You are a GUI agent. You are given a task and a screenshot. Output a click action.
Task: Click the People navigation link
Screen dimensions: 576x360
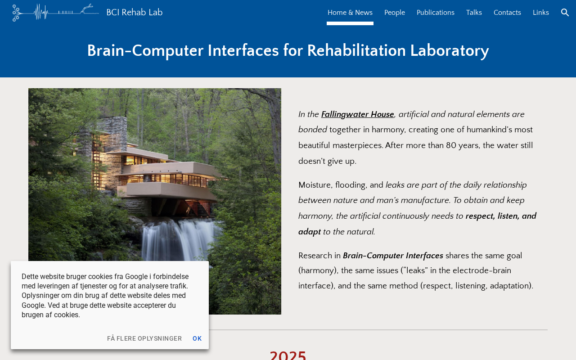click(395, 12)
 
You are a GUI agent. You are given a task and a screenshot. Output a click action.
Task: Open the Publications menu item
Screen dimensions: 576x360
click(435, 12)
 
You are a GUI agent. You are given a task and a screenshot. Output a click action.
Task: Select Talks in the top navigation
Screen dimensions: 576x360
click(474, 12)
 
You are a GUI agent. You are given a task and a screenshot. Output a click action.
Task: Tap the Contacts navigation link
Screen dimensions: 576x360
click(507, 12)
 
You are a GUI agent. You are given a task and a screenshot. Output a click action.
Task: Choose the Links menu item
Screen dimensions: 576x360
click(540, 12)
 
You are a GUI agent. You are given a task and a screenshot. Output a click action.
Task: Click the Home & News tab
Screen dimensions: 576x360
click(350, 12)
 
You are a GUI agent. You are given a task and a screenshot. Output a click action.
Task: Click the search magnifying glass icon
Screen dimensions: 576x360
click(565, 12)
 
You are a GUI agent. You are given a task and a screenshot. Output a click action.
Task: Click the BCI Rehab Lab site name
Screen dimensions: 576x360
click(134, 12)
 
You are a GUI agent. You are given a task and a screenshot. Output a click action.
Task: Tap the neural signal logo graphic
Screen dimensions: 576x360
click(55, 12)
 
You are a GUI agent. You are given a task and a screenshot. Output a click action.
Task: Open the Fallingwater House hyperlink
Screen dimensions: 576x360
click(357, 114)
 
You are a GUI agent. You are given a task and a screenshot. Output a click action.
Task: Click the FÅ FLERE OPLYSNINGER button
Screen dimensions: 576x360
click(144, 338)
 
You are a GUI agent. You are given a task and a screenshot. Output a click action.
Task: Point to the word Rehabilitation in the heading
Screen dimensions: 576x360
click(356, 50)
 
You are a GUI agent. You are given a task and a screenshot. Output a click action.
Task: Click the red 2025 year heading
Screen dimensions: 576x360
click(288, 355)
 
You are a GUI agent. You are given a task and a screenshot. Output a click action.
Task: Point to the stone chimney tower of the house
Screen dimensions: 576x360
click(112, 134)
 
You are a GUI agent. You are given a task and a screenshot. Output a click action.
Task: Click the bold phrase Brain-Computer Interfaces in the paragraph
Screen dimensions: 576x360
click(393, 256)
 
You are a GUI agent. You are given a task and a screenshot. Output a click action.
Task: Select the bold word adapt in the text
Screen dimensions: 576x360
click(309, 232)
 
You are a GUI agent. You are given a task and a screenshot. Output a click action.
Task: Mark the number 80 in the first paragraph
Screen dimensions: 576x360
click(451, 145)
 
